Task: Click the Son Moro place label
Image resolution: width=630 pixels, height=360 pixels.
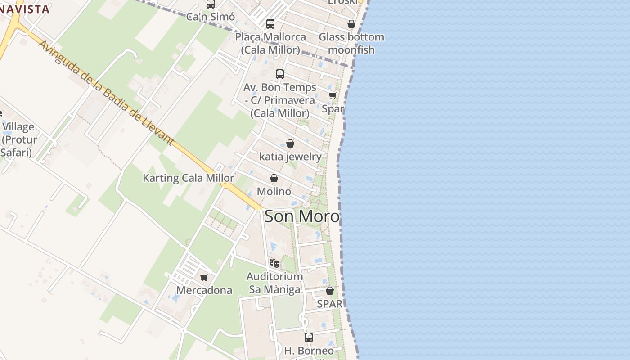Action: (x=302, y=216)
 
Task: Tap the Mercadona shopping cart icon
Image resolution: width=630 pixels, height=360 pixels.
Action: (x=204, y=277)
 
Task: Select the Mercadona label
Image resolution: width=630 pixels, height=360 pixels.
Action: (x=204, y=290)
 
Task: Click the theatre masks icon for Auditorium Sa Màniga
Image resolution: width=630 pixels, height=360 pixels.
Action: (x=274, y=263)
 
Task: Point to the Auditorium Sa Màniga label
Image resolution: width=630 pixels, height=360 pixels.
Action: (x=274, y=283)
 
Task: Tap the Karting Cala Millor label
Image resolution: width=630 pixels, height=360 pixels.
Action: (x=188, y=178)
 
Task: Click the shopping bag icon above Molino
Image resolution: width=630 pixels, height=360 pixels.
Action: (x=274, y=179)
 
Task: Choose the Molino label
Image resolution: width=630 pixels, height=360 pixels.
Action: (x=274, y=191)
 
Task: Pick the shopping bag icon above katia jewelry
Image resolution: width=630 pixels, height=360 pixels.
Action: (x=290, y=144)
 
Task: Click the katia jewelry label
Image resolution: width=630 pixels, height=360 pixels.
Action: (x=290, y=157)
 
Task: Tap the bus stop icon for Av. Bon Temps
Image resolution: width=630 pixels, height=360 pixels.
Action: (x=280, y=74)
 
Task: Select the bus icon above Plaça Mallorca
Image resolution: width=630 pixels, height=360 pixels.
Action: (x=270, y=24)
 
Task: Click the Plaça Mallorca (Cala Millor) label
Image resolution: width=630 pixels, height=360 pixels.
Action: (x=270, y=43)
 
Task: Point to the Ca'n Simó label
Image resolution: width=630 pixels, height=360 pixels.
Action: (x=211, y=17)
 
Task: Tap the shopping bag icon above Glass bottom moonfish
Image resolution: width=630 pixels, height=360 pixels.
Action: (x=351, y=24)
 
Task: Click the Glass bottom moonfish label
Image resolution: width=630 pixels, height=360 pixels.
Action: (x=351, y=43)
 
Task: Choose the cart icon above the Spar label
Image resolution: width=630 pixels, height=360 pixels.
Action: (x=333, y=95)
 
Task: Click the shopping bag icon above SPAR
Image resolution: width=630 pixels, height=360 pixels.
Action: (x=330, y=291)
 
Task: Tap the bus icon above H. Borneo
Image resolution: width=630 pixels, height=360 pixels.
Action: (x=309, y=337)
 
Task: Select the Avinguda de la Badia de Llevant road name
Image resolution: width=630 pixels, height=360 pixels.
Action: (x=106, y=93)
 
